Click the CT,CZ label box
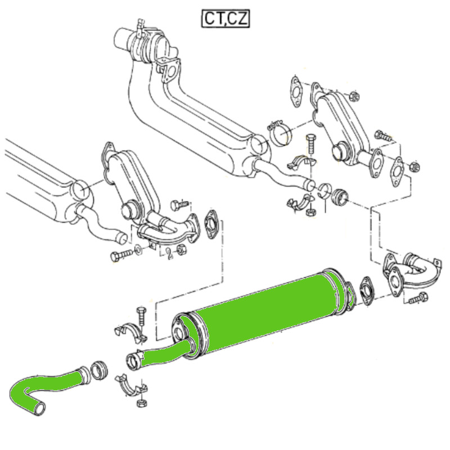point(226,19)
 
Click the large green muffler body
point(267,313)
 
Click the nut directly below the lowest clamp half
point(142,403)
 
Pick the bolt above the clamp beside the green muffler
point(141,317)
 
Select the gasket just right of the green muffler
point(367,291)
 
